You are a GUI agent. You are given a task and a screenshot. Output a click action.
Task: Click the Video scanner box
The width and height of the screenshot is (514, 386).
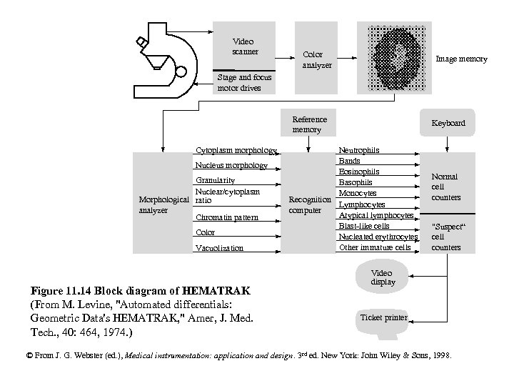(x=243, y=46)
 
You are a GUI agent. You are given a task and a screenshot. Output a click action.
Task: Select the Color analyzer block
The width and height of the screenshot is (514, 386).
(x=313, y=60)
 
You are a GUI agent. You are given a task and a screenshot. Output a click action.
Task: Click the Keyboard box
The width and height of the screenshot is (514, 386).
(x=448, y=123)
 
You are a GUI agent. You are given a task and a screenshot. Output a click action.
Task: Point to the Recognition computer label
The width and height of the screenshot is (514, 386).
(x=308, y=204)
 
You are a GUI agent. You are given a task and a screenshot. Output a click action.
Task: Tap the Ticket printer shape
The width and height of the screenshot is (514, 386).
(x=384, y=317)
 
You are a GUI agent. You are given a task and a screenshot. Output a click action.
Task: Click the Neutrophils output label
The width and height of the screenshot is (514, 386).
(x=359, y=150)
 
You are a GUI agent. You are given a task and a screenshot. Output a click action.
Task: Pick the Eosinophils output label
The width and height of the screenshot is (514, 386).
(x=359, y=172)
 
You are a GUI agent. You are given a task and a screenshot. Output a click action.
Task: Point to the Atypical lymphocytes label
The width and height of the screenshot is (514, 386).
(x=376, y=215)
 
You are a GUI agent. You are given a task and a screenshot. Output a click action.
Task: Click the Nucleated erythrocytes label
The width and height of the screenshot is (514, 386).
(x=378, y=237)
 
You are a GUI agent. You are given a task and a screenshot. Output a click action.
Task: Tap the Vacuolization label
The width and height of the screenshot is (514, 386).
(x=219, y=248)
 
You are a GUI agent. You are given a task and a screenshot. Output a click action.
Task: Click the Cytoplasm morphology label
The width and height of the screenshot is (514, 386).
(x=236, y=150)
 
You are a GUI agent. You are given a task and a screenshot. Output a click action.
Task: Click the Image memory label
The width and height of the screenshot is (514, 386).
(x=461, y=59)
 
